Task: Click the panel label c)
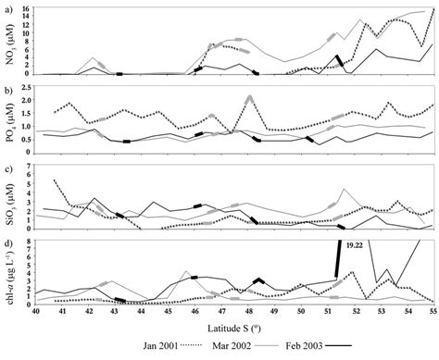point(8,168)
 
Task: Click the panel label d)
point(8,243)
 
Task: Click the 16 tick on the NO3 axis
point(31,8)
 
